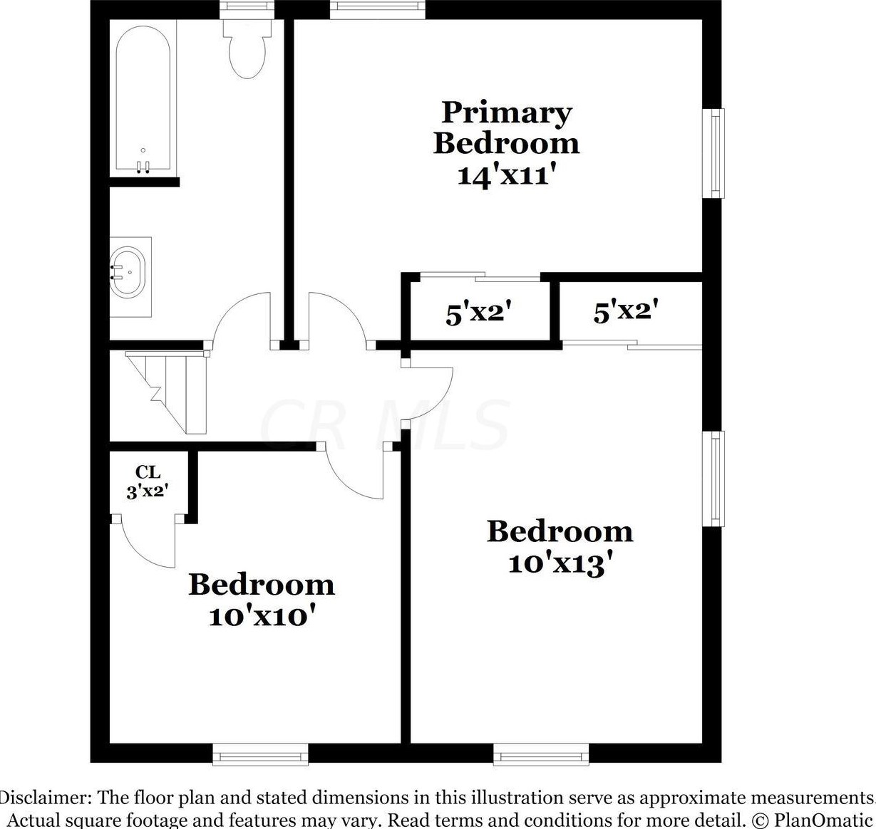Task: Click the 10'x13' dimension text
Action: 560,564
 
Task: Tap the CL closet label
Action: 148,472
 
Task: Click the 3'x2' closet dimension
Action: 148,491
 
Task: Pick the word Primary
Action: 506,113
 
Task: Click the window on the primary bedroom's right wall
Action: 714,152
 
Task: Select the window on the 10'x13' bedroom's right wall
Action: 714,478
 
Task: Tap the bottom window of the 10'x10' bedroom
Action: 260,754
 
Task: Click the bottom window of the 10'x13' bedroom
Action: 541,754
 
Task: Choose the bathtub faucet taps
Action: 143,167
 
